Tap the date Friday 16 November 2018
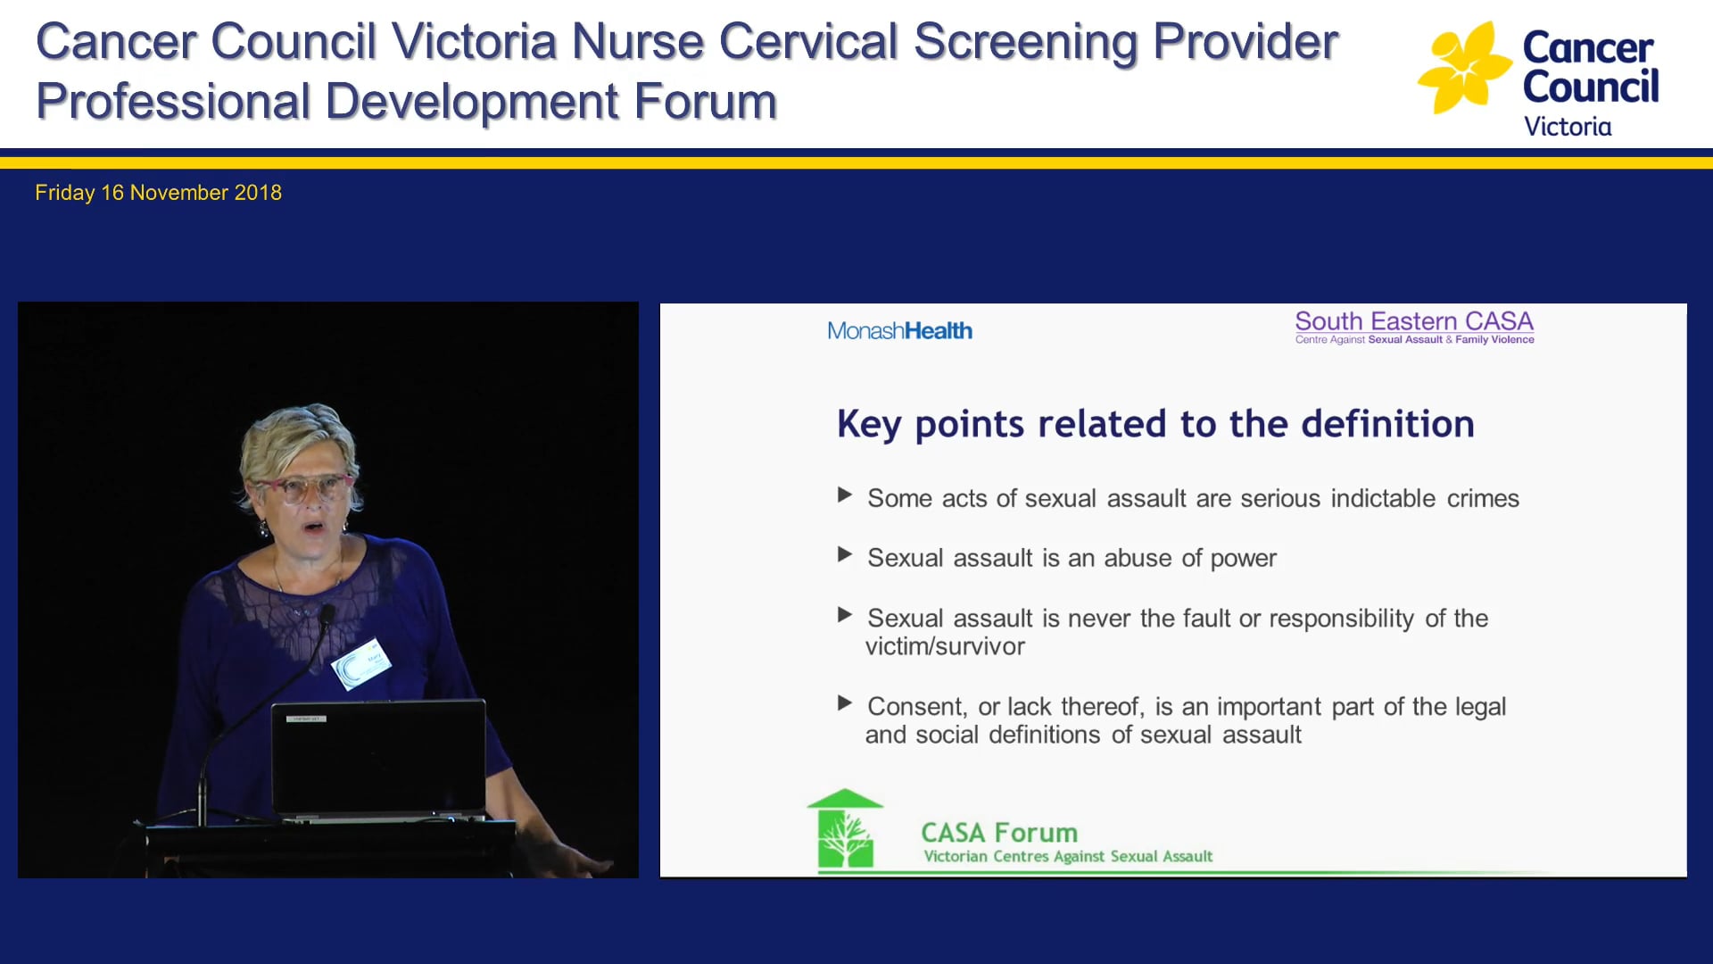[158, 193]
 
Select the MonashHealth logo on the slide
[899, 331]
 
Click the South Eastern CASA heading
[1414, 321]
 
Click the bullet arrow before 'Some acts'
[845, 495]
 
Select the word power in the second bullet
[1243, 559]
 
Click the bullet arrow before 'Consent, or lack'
[845, 703]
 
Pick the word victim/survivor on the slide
[945, 646]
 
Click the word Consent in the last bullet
[916, 707]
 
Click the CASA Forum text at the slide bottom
[999, 833]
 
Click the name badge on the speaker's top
[361, 664]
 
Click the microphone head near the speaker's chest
[327, 614]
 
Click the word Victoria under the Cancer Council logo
[1568, 127]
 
